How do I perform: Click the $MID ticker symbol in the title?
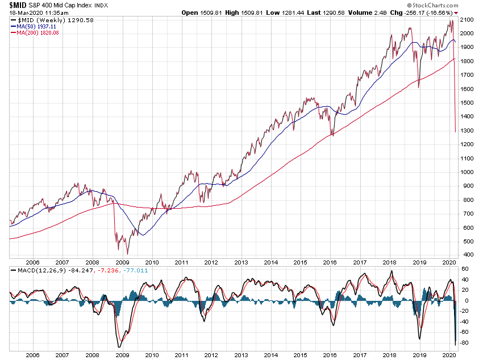pyautogui.click(x=18, y=5)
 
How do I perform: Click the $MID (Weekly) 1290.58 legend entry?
pyautogui.click(x=44, y=20)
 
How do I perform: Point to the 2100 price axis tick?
pyautogui.click(x=468, y=20)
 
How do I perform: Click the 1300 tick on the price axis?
pyautogui.click(x=468, y=130)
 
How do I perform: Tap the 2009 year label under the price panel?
pyautogui.click(x=122, y=263)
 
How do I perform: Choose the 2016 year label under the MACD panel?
pyautogui.click(x=330, y=354)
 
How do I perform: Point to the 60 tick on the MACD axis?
pyautogui.click(x=464, y=269)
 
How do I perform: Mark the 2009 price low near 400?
pyautogui.click(x=127, y=254)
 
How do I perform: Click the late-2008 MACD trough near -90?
pyautogui.click(x=119, y=347)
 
